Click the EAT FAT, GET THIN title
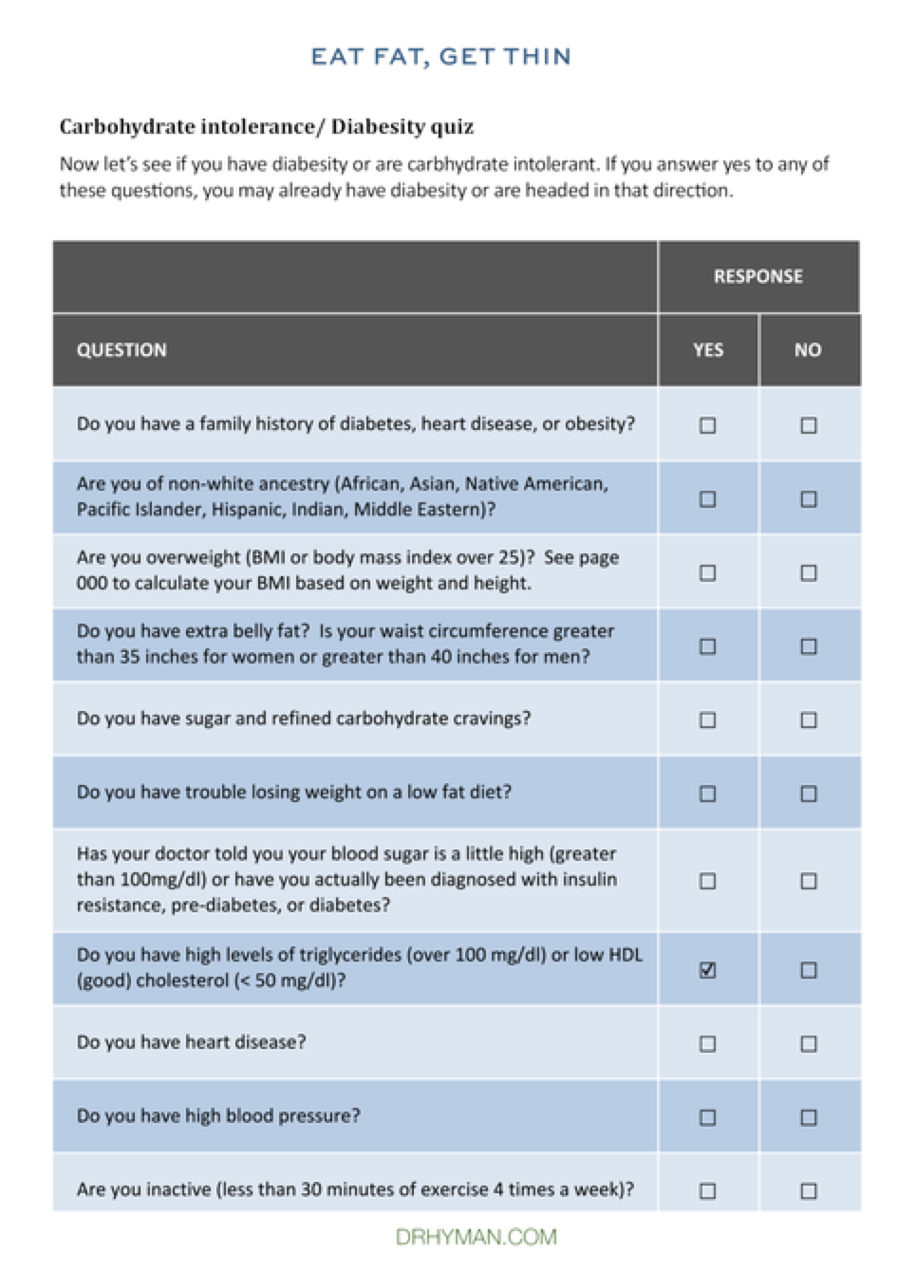(x=440, y=57)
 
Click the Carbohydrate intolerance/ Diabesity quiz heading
(x=266, y=127)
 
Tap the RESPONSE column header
(x=758, y=276)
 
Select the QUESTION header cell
(x=122, y=350)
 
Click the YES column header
(x=707, y=350)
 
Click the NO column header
(x=808, y=350)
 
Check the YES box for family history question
(x=707, y=425)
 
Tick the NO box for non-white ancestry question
(x=808, y=499)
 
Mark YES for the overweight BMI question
(x=707, y=572)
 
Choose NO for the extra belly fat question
(x=808, y=646)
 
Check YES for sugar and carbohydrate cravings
(x=707, y=720)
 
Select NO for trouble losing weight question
(x=808, y=794)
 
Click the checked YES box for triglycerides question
(x=707, y=970)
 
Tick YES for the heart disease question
(x=707, y=1043)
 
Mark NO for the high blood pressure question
(x=808, y=1117)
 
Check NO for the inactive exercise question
(x=808, y=1190)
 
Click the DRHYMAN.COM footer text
(x=476, y=1237)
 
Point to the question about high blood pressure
(x=218, y=1116)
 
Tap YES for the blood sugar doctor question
(x=707, y=881)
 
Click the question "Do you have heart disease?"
(x=191, y=1042)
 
